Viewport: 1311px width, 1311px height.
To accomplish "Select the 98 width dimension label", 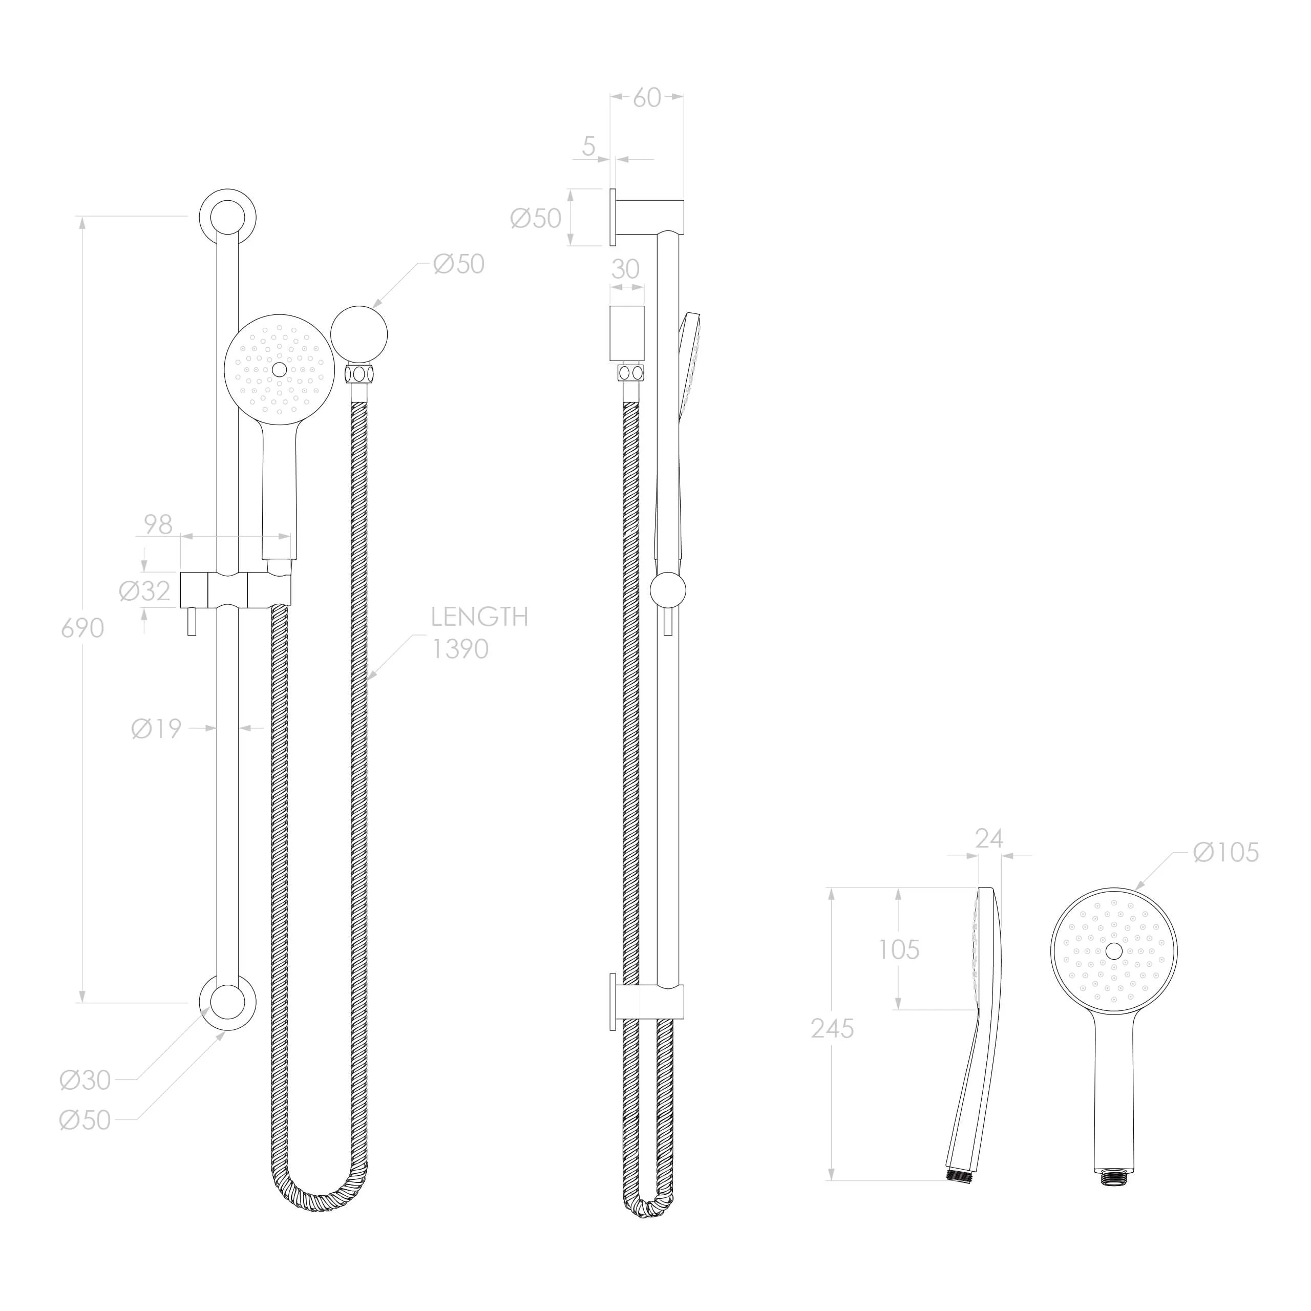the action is click(x=158, y=524).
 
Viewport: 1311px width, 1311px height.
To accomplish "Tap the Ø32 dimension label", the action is click(x=144, y=591).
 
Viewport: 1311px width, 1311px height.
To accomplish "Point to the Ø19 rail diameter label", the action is click(x=157, y=729).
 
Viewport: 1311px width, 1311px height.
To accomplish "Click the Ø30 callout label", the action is click(x=85, y=1080).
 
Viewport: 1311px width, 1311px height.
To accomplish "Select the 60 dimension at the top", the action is click(x=647, y=98).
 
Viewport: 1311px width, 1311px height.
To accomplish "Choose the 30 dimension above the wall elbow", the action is click(x=625, y=269).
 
